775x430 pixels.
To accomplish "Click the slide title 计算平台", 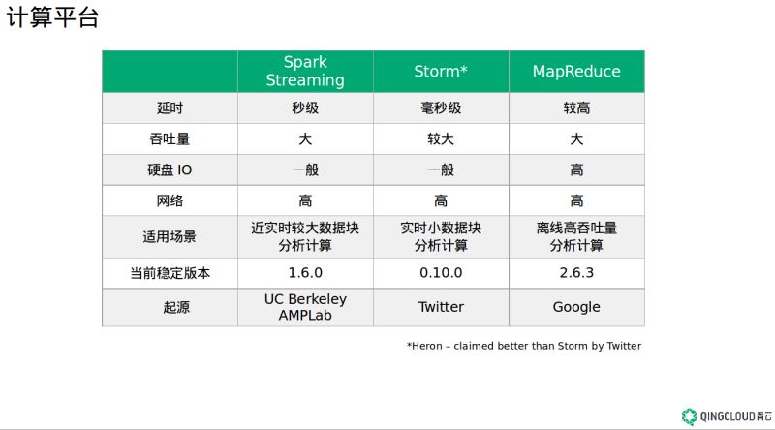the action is [52, 17].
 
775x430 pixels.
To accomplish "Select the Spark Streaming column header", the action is [305, 71].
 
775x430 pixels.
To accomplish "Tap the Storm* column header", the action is [441, 71].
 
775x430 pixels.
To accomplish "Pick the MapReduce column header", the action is [576, 71].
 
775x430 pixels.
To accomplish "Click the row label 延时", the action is [170, 107].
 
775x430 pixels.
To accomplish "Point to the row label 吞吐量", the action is [170, 138].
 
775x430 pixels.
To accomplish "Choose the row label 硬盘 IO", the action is [170, 170].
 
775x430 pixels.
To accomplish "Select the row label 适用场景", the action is [170, 236].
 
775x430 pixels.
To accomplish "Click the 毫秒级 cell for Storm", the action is [441, 107].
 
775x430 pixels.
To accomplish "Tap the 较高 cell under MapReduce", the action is [576, 107].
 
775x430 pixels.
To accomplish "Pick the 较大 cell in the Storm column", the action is [441, 138].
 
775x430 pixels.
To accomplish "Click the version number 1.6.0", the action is [305, 273].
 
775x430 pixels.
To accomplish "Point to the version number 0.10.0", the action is [441, 273].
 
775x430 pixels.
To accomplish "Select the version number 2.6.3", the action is [576, 273].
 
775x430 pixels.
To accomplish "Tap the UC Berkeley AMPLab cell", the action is [305, 307].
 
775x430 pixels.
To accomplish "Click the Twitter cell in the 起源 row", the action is [441, 307].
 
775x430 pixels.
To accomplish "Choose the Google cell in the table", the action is [576, 307].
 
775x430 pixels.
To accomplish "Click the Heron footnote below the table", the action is [524, 346].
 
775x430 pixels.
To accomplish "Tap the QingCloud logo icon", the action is [689, 416].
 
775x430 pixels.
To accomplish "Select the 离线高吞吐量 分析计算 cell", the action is [576, 236].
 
